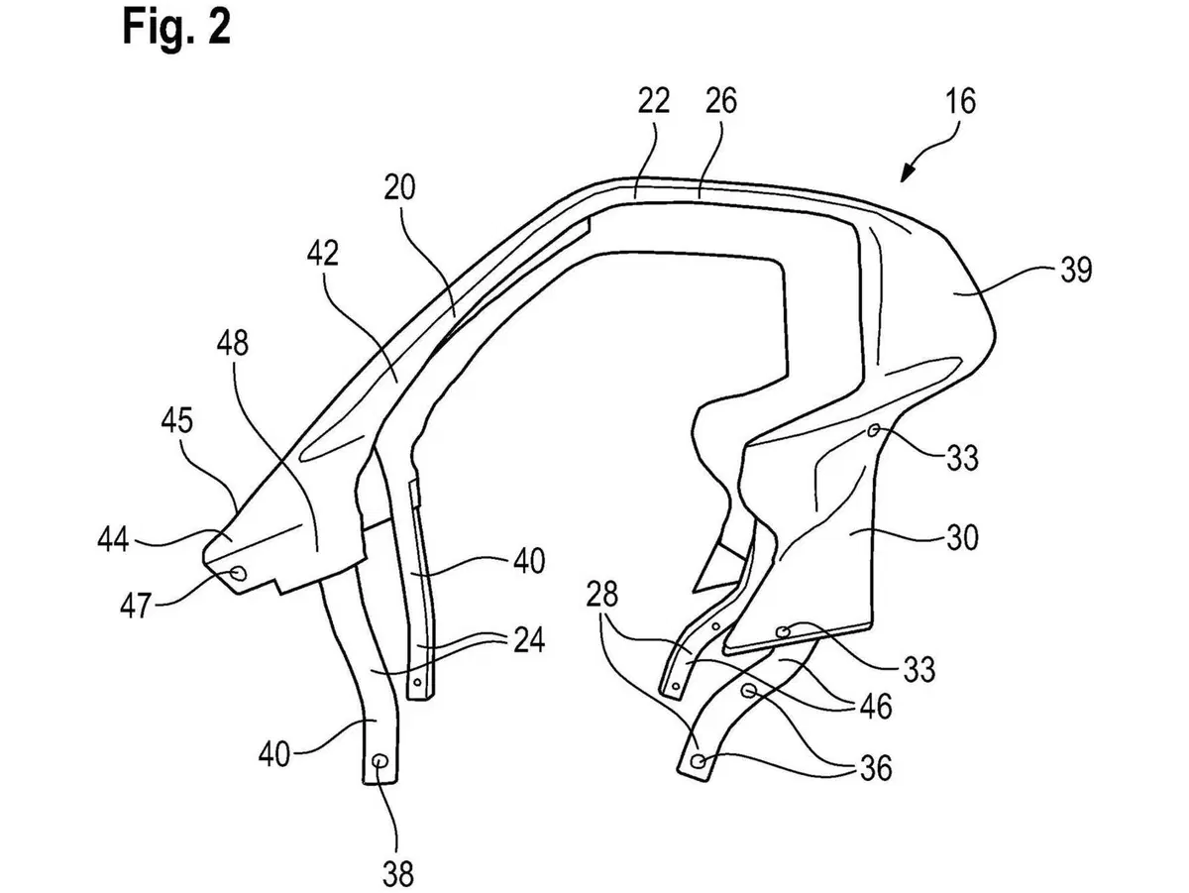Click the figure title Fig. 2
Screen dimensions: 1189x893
pos(177,28)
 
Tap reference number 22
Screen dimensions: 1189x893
pos(654,100)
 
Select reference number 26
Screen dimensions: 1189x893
pos(721,100)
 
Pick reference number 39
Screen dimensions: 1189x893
pos(1076,270)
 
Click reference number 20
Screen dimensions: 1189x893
pos(399,188)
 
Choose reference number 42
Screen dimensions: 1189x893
pos(323,253)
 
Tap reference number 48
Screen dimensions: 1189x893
pos(233,343)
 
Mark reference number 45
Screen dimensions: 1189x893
pos(176,420)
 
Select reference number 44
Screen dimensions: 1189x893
pos(113,539)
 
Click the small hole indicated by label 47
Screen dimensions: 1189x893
pos(239,573)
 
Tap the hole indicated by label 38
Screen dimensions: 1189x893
pos(380,761)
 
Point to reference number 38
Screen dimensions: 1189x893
pos(397,873)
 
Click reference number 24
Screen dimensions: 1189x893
pos(529,640)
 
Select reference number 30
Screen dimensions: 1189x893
pos(961,538)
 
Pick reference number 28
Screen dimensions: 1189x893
pos(601,594)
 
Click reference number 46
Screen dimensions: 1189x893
pos(875,706)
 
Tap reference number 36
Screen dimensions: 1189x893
pos(875,768)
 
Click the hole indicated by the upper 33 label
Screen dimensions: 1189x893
pos(873,431)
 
